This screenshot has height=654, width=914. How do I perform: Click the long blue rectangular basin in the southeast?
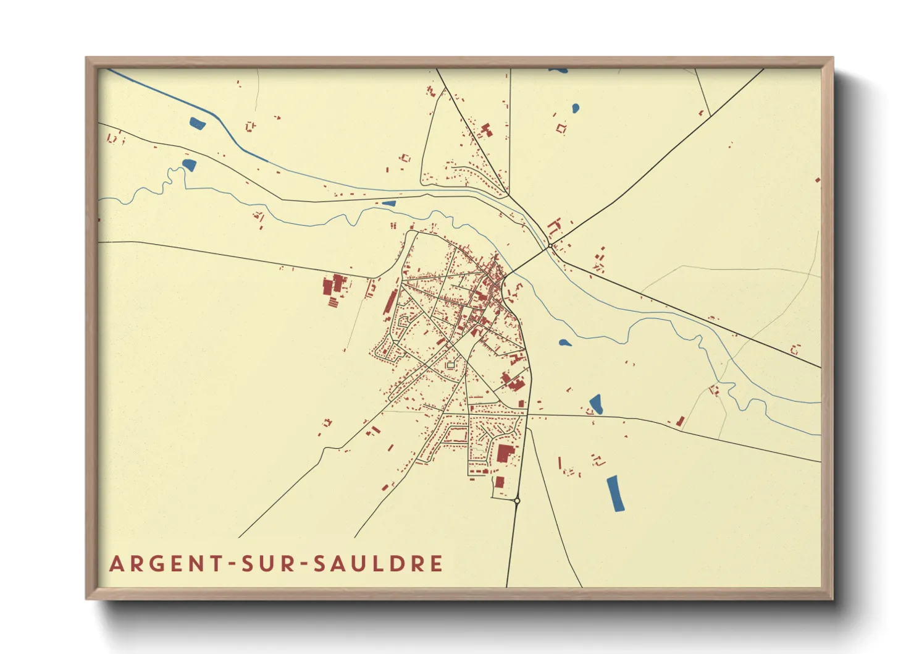(615, 493)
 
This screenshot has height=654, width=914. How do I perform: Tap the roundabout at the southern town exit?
(517, 501)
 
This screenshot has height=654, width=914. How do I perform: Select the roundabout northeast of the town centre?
(550, 246)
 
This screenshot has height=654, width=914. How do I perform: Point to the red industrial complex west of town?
(333, 287)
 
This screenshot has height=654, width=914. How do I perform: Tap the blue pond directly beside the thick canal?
(197, 122)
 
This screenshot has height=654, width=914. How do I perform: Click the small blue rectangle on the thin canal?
(388, 203)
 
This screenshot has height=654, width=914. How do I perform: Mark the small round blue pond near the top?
(576, 109)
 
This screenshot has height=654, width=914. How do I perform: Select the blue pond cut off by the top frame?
(558, 70)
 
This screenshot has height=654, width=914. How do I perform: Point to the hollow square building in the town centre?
(450, 365)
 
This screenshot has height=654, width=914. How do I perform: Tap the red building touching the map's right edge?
(818, 180)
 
